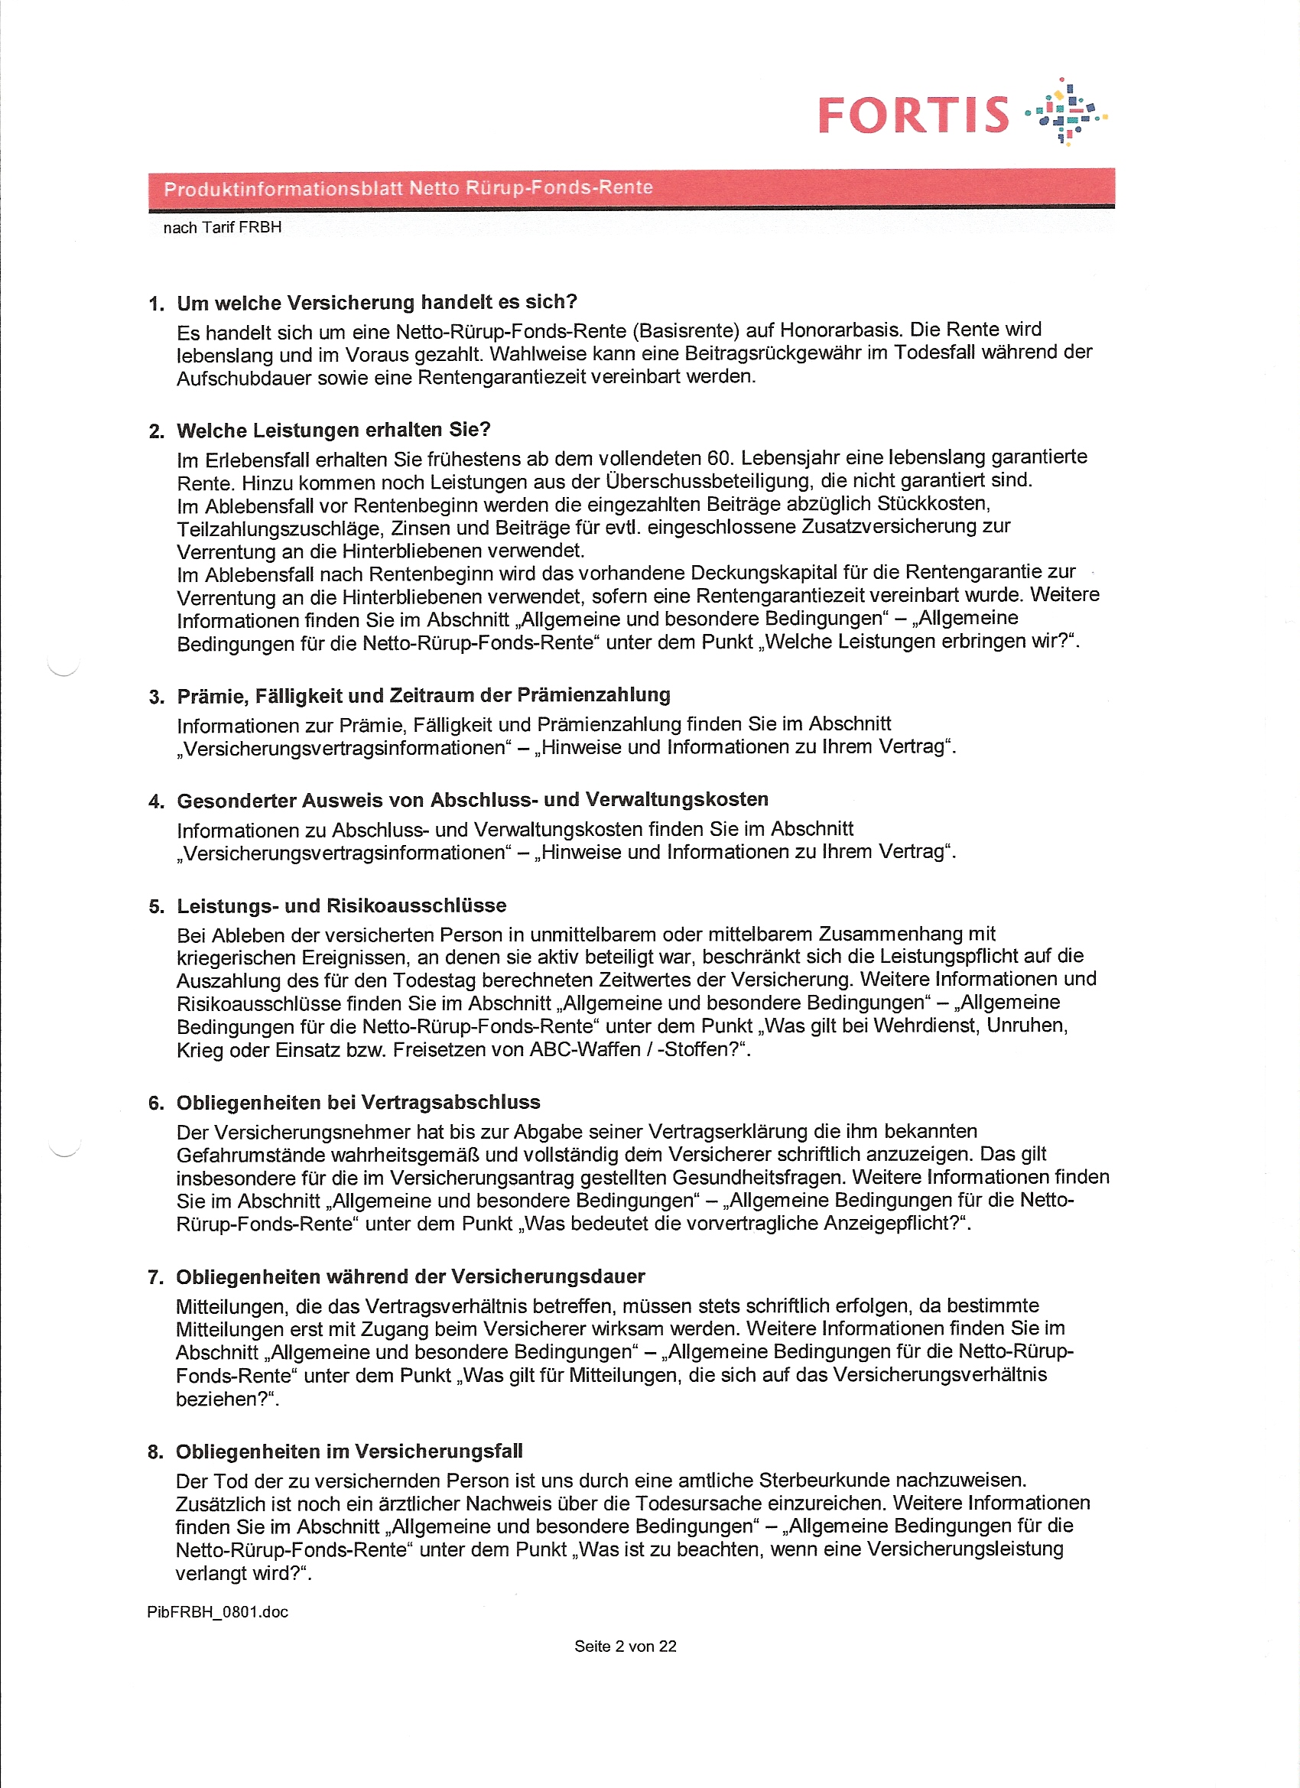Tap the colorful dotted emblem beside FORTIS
click(x=1065, y=112)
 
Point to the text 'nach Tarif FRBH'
click(x=222, y=228)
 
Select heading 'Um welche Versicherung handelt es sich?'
click(x=376, y=303)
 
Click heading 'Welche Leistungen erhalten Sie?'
click(x=333, y=430)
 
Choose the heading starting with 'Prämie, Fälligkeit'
click(x=424, y=695)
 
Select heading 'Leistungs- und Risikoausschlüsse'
click(x=340, y=905)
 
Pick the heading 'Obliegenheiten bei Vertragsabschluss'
click(x=358, y=1103)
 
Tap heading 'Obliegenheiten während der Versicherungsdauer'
click(x=410, y=1277)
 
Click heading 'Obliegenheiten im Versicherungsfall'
click(x=349, y=1452)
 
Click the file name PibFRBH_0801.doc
click(x=218, y=1612)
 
